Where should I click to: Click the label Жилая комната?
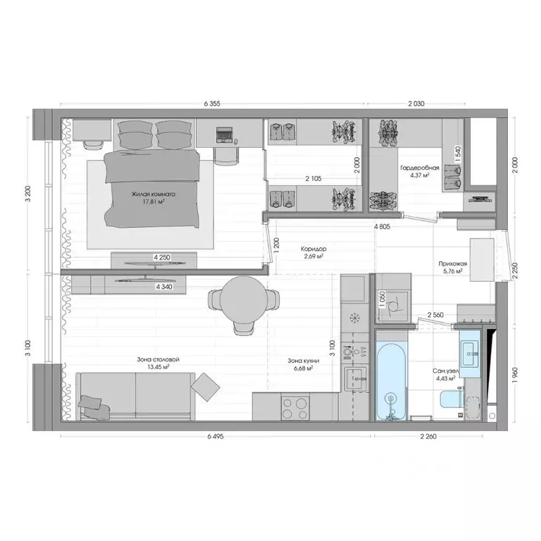click(x=153, y=194)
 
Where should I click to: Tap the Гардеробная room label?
click(x=420, y=168)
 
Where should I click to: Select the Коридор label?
click(x=313, y=249)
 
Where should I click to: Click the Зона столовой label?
click(x=152, y=359)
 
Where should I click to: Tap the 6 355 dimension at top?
click(x=212, y=103)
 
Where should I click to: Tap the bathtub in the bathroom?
click(x=390, y=380)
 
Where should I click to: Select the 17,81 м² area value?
click(x=153, y=202)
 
